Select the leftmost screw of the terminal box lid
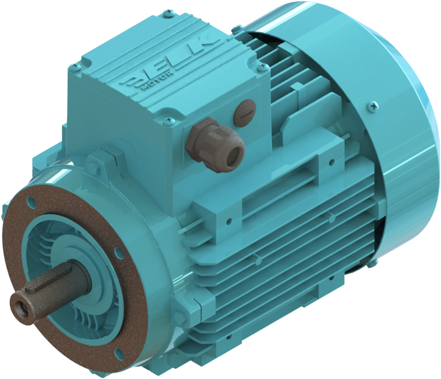click(x=75, y=66)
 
